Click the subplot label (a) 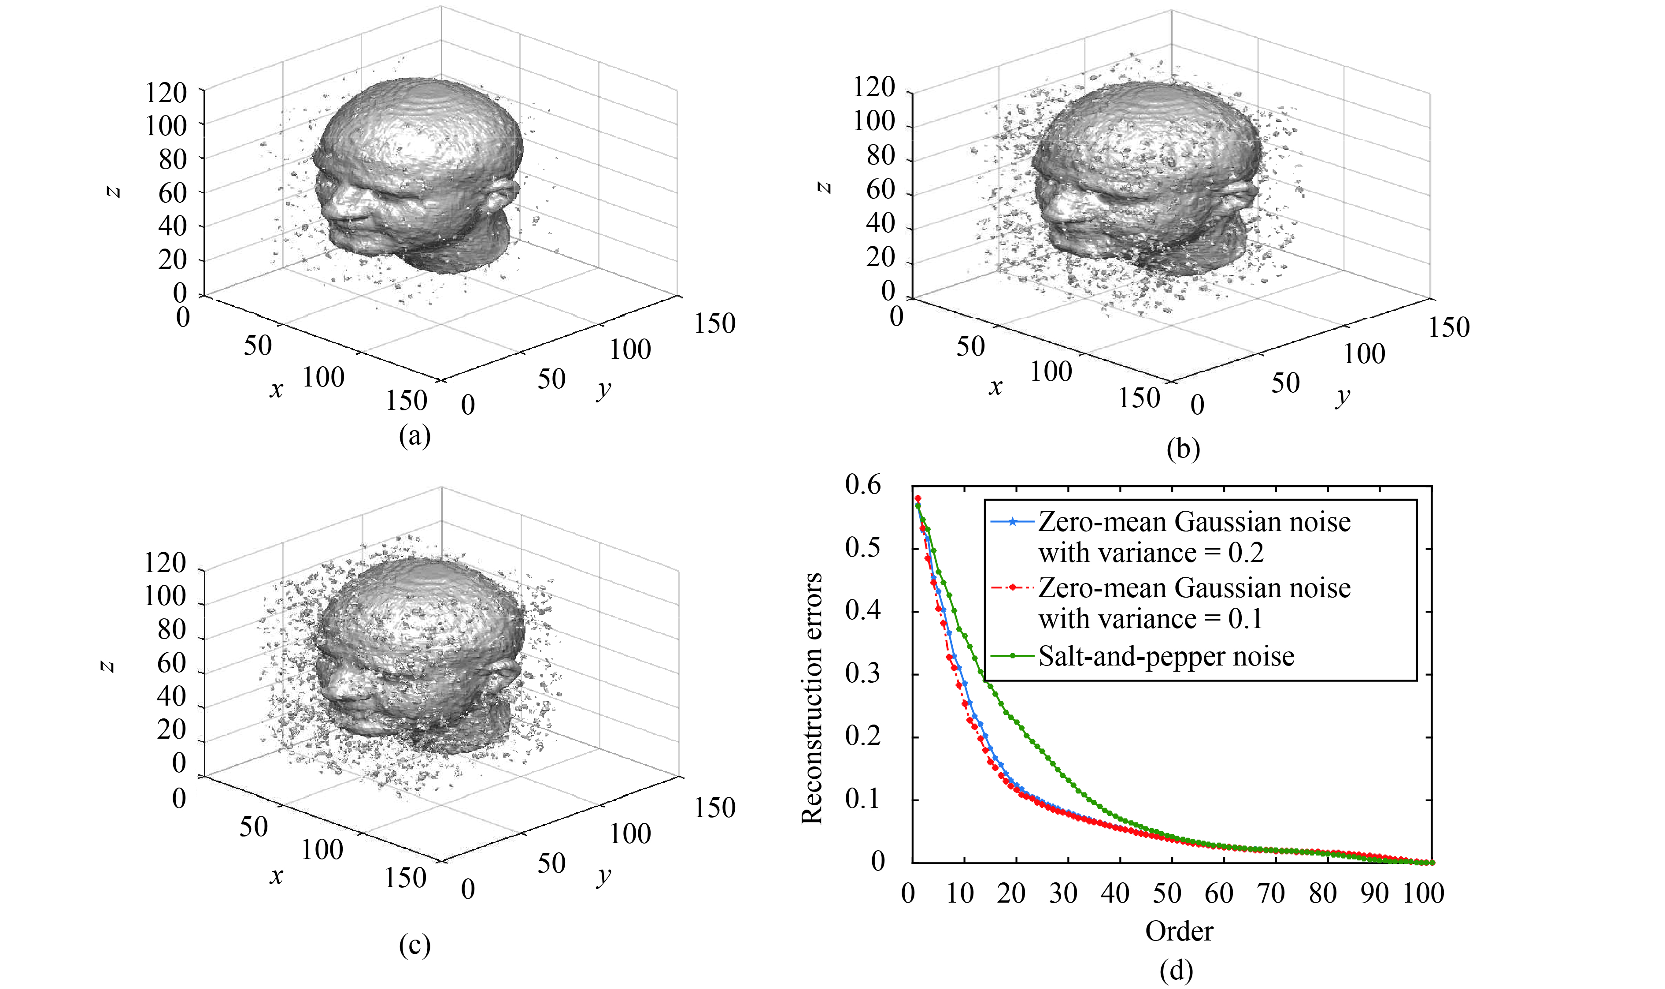click(414, 436)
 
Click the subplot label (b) click(1183, 449)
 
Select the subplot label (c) click(414, 944)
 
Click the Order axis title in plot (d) click(1179, 931)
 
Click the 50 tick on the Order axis click(1167, 893)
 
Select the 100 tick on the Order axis click(1423, 893)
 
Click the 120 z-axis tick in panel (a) click(166, 93)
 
